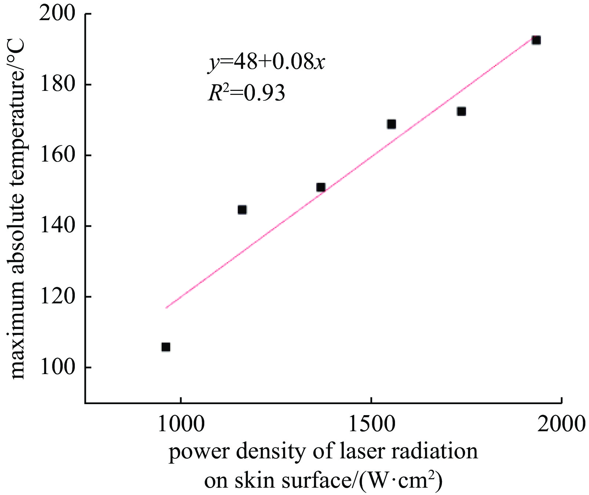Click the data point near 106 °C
point(166,347)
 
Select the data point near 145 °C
point(242,210)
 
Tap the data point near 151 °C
point(321,187)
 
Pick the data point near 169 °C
point(391,124)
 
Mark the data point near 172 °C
point(461,111)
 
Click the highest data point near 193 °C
point(536,40)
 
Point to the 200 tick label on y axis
point(57,14)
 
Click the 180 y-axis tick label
point(57,85)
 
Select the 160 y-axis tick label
point(57,155)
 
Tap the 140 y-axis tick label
point(57,226)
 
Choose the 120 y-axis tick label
point(57,297)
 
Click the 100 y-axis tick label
point(57,367)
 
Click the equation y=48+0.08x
point(267,63)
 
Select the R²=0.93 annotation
point(246,93)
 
